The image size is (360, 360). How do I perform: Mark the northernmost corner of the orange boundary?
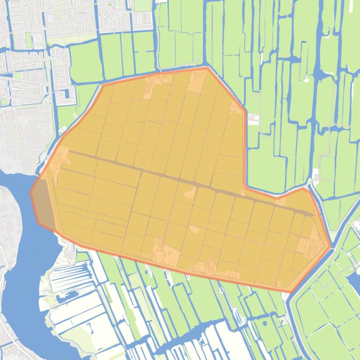[207, 68]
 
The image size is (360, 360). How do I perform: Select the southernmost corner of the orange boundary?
[291, 292]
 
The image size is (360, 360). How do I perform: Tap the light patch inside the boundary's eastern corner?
[313, 245]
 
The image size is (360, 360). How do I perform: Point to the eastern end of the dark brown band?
[312, 214]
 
